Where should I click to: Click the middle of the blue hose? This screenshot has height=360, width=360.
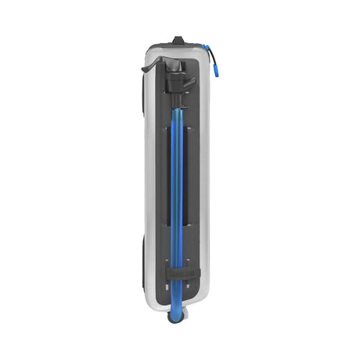176,188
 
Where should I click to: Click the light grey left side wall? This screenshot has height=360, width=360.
153,180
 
